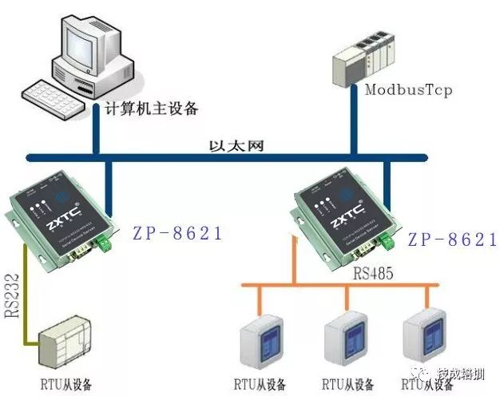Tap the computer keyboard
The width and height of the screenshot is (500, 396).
(x=56, y=99)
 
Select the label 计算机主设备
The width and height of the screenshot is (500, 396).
(x=152, y=109)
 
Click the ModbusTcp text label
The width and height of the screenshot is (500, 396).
(x=408, y=89)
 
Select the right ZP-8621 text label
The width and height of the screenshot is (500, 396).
(x=452, y=240)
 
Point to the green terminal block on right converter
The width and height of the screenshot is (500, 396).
(x=389, y=240)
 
